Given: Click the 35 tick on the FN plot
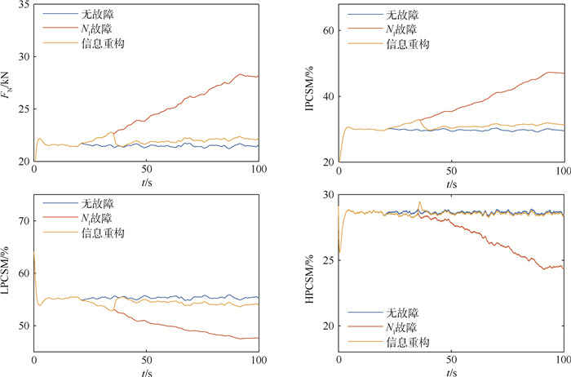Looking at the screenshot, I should coord(24,5).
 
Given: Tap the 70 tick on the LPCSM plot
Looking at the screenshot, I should coord(24,221).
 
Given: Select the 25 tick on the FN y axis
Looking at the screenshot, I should coord(24,109).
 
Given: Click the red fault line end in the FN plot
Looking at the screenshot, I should coord(257,76).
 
